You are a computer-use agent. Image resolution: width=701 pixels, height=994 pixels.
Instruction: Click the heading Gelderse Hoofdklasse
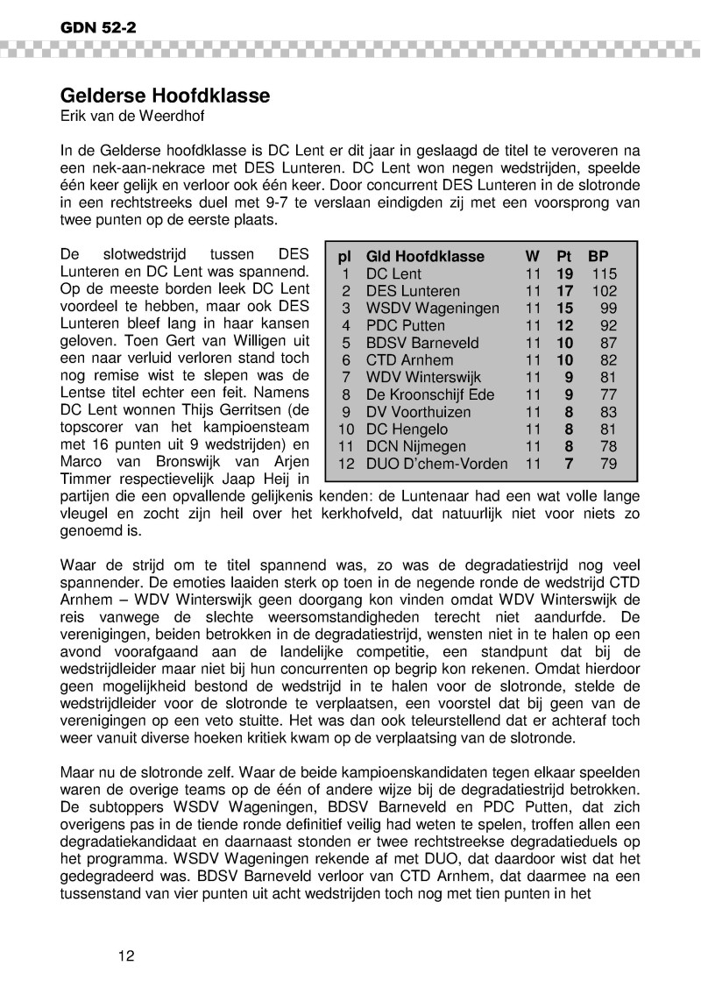(165, 95)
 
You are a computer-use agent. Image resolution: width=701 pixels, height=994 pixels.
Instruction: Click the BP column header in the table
(598, 257)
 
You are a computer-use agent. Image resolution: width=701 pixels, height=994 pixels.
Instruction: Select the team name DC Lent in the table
(393, 274)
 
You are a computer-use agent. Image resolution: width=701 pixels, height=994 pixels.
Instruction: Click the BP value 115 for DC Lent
(605, 274)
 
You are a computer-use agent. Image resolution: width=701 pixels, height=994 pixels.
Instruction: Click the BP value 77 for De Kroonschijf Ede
(609, 394)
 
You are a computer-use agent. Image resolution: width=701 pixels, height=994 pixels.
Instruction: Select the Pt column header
(564, 257)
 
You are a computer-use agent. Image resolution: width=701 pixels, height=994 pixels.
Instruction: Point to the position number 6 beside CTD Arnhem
(346, 360)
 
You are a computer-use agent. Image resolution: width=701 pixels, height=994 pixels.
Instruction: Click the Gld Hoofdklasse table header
(424, 257)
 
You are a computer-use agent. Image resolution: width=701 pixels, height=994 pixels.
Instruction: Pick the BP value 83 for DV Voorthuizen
(609, 412)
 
